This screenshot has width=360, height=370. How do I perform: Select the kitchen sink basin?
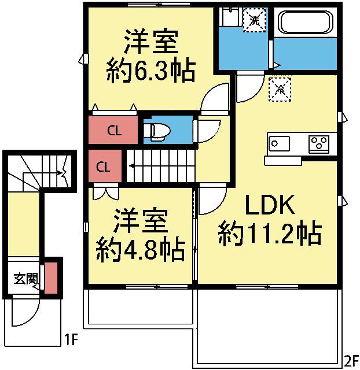coord(278,142)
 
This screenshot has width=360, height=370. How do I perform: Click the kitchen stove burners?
coord(319,142)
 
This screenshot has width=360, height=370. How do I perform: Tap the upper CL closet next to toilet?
coord(114,130)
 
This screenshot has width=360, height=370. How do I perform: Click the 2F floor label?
coord(351,361)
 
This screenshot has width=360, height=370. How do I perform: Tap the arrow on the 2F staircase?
coord(134,166)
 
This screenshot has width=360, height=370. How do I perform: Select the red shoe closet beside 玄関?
coord(51,278)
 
